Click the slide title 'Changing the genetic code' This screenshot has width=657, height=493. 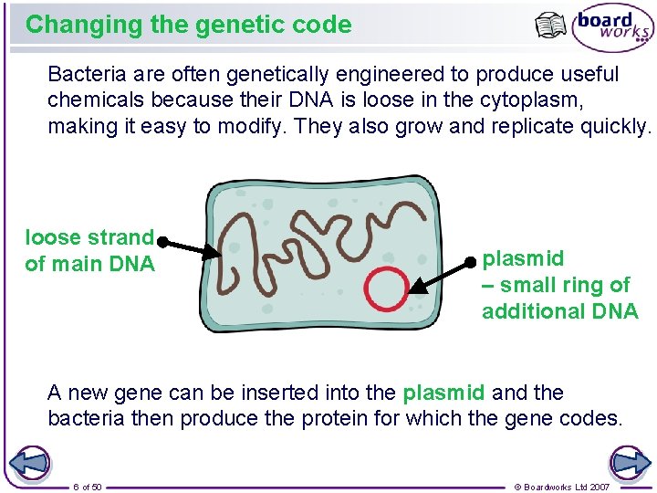point(188,25)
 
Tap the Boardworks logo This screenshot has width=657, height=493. point(612,30)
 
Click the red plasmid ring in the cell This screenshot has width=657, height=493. point(386,288)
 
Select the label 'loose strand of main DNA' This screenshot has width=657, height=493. point(89,251)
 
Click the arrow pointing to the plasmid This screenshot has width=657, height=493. point(440,277)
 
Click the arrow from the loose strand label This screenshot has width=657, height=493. point(190,246)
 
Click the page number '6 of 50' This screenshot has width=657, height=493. point(88,487)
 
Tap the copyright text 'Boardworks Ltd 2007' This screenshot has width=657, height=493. point(561,487)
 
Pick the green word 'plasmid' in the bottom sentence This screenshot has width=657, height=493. point(443,393)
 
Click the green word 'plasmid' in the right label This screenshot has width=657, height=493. point(523,259)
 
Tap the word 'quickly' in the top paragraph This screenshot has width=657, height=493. point(613,127)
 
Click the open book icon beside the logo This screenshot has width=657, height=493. point(551,26)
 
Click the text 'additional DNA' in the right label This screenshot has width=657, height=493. point(559,311)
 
